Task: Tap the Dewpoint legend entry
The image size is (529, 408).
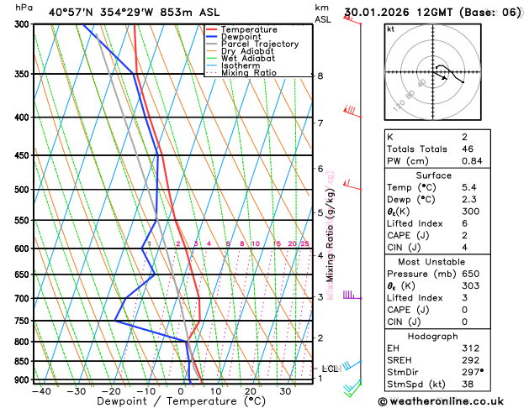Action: point(241,37)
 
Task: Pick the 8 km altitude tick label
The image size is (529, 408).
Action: point(320,76)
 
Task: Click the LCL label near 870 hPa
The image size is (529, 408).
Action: point(330,369)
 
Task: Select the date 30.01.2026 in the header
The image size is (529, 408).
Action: point(380,13)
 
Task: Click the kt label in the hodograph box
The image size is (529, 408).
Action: point(390,29)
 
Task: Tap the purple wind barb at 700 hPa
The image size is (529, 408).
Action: point(351,296)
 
